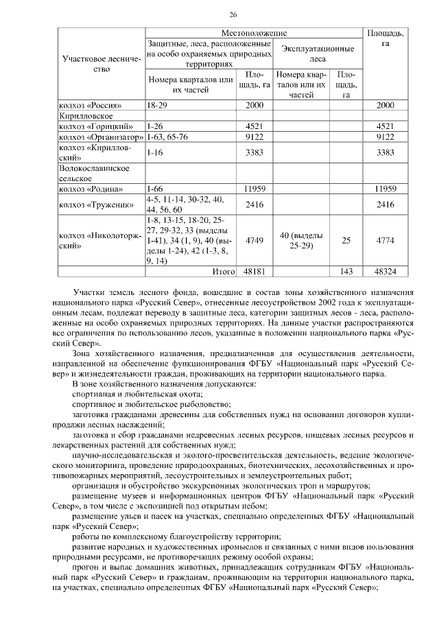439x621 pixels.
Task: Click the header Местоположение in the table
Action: [253, 33]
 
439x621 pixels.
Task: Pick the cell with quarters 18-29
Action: [156, 105]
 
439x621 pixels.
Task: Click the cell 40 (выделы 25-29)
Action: [301, 240]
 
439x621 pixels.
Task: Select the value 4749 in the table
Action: [254, 240]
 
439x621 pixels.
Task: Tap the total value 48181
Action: [254, 272]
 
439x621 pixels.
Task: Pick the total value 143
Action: [346, 272]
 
